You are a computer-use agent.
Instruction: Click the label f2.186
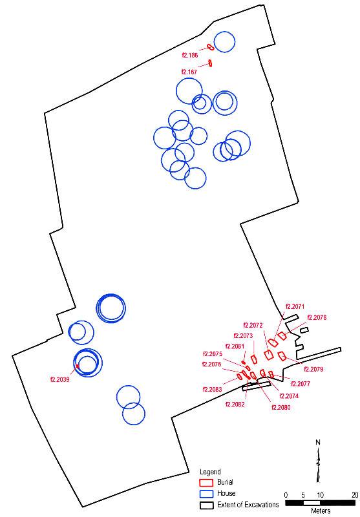(x=190, y=55)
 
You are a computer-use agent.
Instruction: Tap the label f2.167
(x=189, y=72)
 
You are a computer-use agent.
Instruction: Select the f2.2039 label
(x=60, y=379)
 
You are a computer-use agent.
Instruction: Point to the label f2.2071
(x=295, y=306)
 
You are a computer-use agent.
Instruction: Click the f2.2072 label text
(x=253, y=326)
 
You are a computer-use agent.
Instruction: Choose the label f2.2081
(x=235, y=346)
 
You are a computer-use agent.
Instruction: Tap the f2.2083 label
(x=212, y=390)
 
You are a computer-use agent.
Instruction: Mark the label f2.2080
(x=281, y=408)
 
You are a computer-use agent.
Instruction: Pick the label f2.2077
(x=301, y=384)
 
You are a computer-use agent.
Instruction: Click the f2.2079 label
(x=313, y=369)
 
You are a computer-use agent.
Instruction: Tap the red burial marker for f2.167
(x=210, y=63)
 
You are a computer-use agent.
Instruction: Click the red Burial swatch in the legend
(x=206, y=482)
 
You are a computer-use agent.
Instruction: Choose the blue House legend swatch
(x=206, y=494)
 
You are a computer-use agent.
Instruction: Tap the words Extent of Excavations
(x=248, y=505)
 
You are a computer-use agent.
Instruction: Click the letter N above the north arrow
(x=318, y=443)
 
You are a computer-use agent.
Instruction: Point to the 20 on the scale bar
(x=354, y=494)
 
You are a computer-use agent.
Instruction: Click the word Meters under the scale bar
(x=321, y=511)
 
